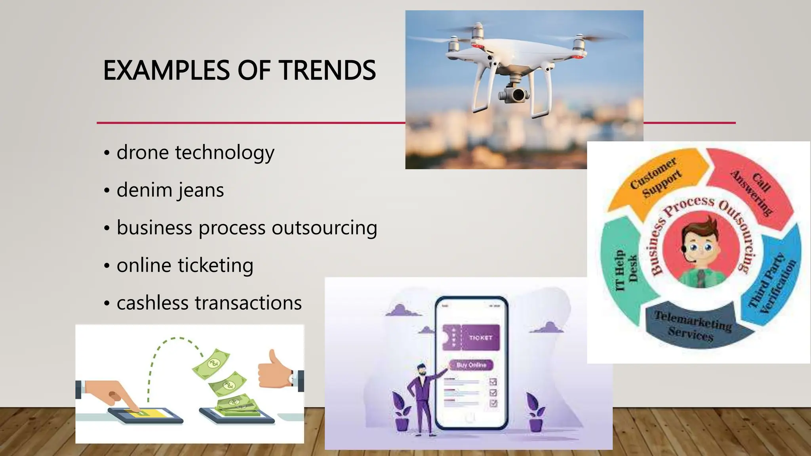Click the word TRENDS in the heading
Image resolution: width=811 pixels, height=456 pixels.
click(x=327, y=70)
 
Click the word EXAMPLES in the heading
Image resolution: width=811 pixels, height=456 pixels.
click(x=166, y=70)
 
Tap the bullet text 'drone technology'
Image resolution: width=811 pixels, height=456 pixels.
click(x=195, y=152)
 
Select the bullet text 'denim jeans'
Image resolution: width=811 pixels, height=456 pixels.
click(x=170, y=190)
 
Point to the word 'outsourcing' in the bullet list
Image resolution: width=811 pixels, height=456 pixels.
click(x=324, y=228)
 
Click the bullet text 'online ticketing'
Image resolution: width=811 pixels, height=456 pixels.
click(x=185, y=265)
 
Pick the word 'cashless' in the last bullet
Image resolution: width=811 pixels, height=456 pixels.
click(x=150, y=303)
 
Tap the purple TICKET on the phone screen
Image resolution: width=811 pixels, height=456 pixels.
click(x=471, y=337)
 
